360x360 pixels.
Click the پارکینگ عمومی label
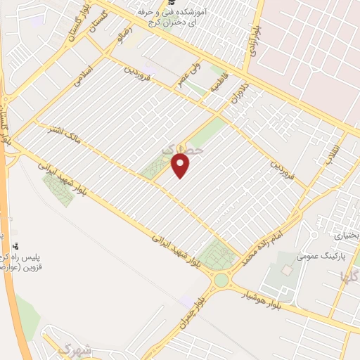[317, 257]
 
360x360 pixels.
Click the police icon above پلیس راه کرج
[15, 247]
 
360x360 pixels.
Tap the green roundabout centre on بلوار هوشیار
[221, 281]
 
